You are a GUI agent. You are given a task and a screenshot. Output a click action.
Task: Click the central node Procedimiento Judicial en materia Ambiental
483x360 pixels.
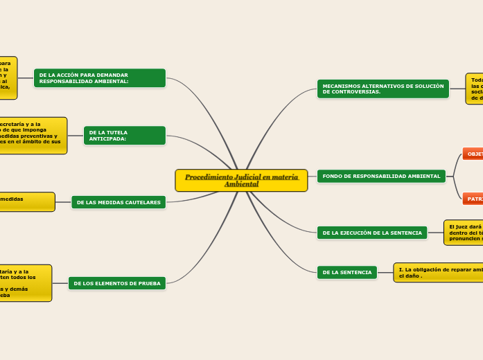(241, 180)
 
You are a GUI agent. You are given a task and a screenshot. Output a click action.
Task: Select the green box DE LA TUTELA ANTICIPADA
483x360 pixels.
(125, 136)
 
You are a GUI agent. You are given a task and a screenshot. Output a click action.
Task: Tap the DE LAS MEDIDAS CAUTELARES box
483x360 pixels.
(118, 202)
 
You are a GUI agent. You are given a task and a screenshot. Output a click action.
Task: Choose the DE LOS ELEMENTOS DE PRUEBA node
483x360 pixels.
(117, 283)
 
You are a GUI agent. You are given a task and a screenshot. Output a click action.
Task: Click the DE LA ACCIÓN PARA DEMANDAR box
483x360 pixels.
(100, 78)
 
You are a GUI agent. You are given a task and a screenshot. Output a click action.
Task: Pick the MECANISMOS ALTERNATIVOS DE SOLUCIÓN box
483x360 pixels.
(383, 89)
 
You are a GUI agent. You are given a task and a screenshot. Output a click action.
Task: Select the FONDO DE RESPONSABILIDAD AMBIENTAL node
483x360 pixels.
(381, 176)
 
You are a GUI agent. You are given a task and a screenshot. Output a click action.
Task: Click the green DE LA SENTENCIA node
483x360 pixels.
(347, 273)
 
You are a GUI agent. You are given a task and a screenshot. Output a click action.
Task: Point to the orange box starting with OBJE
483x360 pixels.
(473, 154)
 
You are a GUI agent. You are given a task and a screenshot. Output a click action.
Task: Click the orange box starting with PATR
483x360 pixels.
(473, 199)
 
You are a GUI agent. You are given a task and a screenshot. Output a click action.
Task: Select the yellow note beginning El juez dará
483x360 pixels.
(464, 233)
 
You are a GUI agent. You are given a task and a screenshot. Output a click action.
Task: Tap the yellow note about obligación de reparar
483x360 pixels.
(439, 272)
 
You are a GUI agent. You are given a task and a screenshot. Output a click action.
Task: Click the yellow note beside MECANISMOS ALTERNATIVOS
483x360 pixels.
(475, 89)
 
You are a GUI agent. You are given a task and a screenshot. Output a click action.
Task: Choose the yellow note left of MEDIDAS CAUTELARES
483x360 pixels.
(26, 202)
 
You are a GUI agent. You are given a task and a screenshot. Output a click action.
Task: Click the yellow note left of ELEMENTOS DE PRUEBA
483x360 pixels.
(24, 283)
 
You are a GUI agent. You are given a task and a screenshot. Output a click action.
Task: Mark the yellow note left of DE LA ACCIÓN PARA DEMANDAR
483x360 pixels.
(8, 78)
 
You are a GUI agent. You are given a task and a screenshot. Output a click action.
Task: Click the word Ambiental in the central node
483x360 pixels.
(241, 184)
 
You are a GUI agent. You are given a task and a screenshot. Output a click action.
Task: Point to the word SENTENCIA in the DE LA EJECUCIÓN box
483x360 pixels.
(404, 233)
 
